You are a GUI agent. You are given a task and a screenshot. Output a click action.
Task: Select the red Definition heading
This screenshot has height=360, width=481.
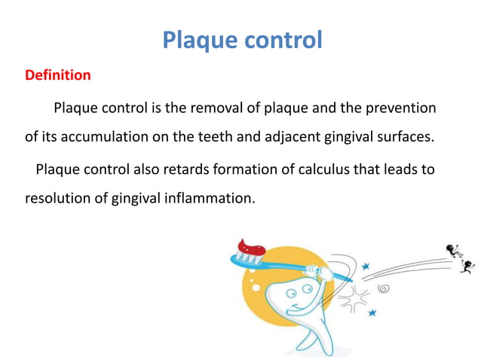click(58, 75)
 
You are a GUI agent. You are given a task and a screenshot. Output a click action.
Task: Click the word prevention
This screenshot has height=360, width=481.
click(398, 108)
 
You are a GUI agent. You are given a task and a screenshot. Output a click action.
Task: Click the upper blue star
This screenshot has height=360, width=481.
click(366, 266)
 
